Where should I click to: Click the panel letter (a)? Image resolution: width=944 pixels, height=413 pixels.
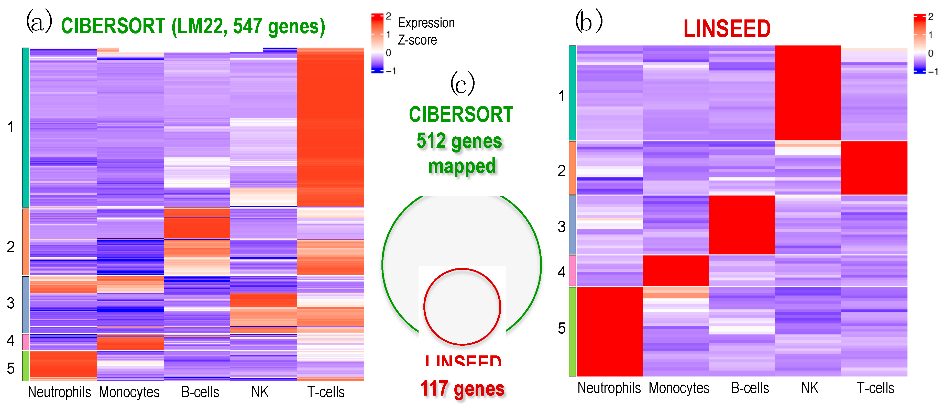[x=38, y=22]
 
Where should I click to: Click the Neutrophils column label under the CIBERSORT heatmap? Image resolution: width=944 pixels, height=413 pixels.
[x=59, y=392]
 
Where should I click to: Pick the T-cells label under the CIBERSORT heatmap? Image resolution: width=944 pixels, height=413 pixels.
[x=326, y=392]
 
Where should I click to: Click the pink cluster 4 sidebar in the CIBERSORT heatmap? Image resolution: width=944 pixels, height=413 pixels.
[x=26, y=342]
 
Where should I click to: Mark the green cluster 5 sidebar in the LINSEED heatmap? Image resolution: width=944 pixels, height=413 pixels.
[x=572, y=331]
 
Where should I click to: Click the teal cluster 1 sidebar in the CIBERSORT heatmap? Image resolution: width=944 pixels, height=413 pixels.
[x=26, y=127]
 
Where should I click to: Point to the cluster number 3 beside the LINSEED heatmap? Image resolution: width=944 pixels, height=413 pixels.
[x=562, y=227]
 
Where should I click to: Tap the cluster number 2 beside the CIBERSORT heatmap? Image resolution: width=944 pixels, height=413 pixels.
[x=11, y=247]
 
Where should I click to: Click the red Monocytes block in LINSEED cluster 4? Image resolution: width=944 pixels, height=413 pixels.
[x=676, y=270]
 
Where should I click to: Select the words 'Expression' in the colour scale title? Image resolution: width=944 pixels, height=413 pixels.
[x=426, y=23]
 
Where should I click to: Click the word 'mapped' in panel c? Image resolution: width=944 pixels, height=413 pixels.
[x=462, y=166]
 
